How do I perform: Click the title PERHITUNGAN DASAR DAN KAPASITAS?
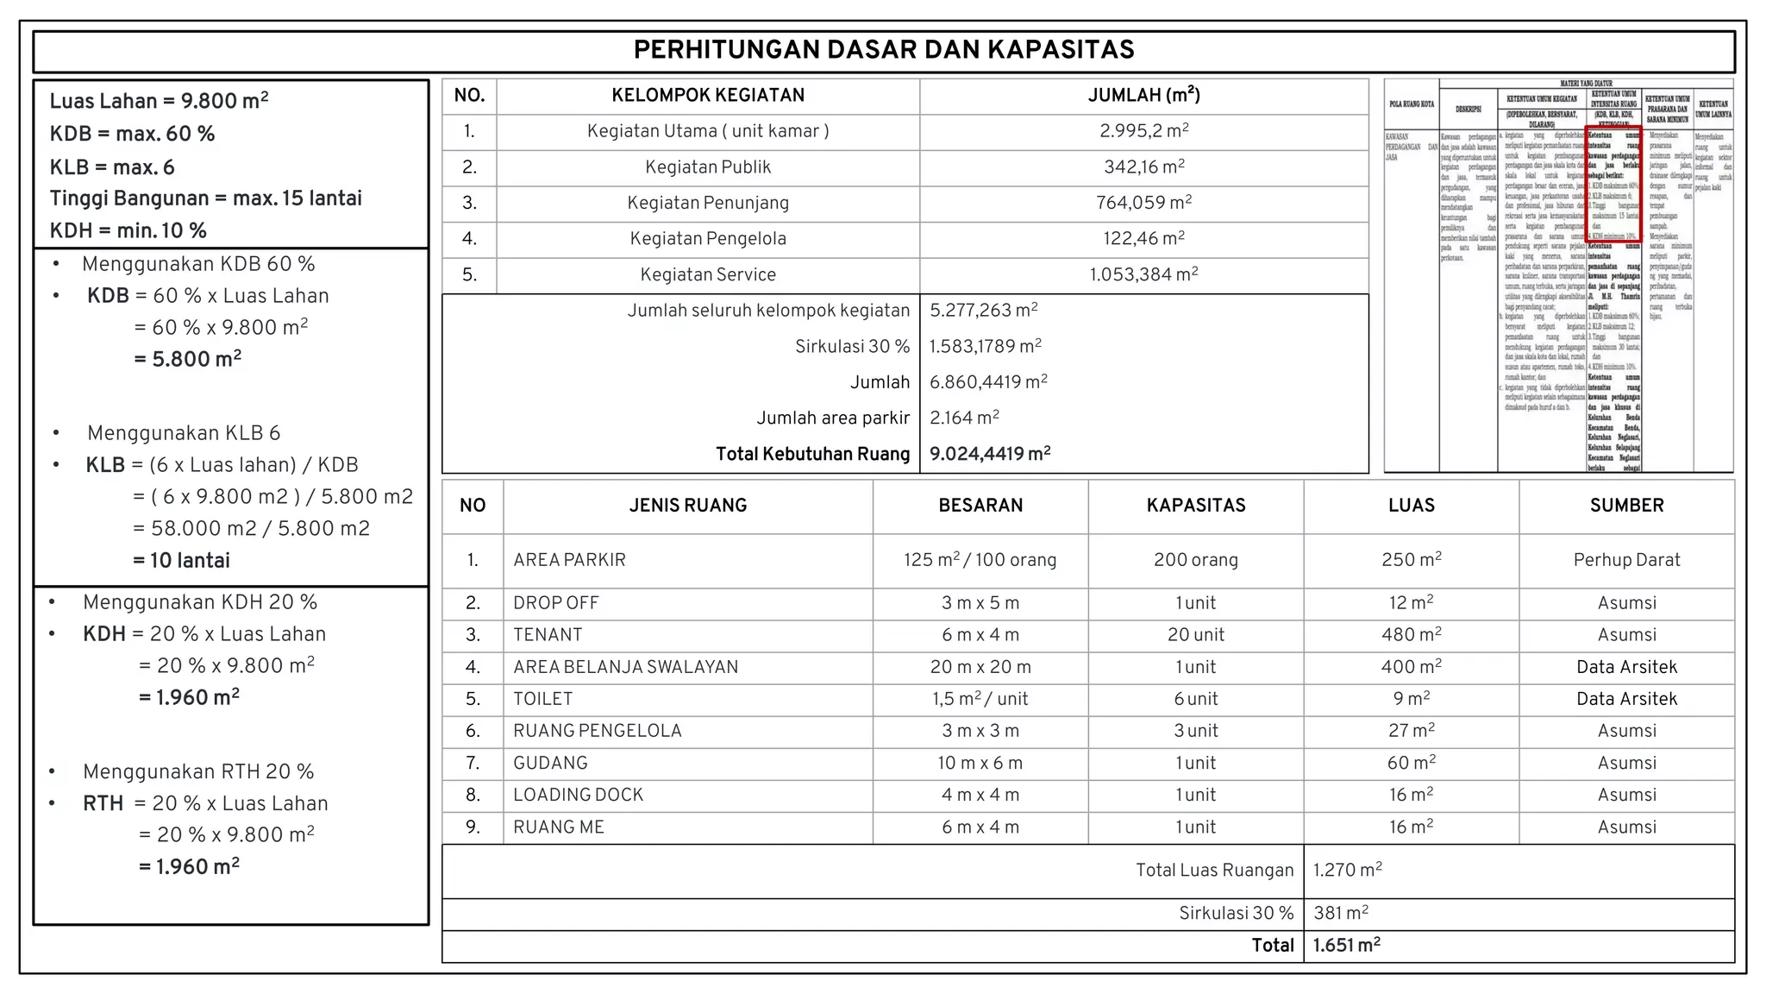883,50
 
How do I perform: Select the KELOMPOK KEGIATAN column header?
708,96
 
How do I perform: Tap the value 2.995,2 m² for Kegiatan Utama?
1143,131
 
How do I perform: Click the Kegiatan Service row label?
708,274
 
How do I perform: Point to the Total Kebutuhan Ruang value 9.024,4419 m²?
990,454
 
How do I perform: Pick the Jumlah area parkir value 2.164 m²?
964,418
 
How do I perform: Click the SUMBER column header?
1626,506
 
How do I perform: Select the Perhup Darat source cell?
1626,560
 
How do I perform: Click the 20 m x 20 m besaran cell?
980,667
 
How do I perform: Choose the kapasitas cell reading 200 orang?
1195,560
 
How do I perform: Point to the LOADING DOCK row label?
578,795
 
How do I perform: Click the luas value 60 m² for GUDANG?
1411,763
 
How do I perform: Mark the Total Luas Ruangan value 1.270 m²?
1347,870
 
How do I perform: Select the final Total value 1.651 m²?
1346,946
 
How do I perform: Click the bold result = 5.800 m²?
187,359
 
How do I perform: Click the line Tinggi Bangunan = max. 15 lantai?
205,198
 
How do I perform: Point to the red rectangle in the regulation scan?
1613,184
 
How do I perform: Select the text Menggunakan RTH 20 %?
198,771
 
